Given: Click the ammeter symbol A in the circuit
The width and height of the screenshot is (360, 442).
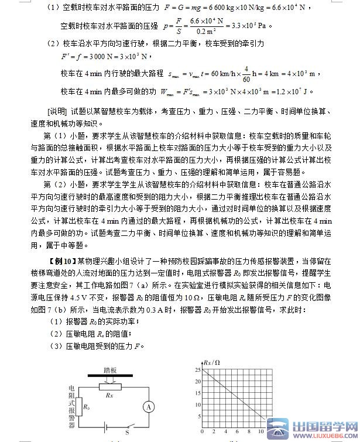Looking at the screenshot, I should [x=149, y=406].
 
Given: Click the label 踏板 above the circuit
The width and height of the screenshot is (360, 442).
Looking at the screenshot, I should [x=110, y=370].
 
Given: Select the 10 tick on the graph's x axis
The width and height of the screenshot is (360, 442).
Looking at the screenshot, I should [x=260, y=432].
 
